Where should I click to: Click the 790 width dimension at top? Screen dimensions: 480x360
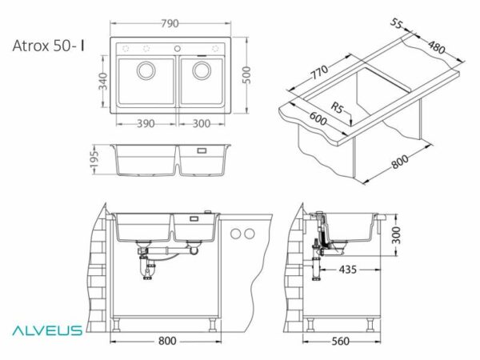tap(170, 23)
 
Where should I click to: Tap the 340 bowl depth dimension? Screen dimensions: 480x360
tap(104, 81)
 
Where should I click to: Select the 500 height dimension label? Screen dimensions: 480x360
tap(246, 75)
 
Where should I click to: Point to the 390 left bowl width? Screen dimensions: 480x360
tap(146, 124)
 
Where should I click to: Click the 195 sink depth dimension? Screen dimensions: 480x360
tap(94, 159)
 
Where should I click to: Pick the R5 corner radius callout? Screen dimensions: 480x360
tap(338, 108)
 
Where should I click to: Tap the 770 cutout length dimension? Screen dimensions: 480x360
tap(319, 72)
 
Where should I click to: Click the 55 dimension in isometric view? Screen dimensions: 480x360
tap(397, 23)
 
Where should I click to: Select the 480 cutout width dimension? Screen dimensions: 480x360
tap(436, 47)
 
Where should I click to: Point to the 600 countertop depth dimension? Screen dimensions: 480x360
tap(318, 118)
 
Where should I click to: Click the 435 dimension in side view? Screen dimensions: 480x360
tap(348, 270)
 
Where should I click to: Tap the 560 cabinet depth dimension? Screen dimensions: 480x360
tap(341, 342)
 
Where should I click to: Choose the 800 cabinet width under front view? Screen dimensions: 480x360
tap(167, 341)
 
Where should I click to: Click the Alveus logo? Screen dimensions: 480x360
tap(47, 330)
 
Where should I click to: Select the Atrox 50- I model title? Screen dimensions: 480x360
tap(49, 46)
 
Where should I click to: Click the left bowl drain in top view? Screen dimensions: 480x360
tap(146, 70)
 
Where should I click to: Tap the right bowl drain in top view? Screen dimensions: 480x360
tap(202, 70)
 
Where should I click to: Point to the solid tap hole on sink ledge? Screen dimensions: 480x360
tap(178, 48)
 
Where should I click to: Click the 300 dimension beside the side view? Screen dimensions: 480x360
tap(397, 235)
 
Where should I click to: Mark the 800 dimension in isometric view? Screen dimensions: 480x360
tap(400, 162)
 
